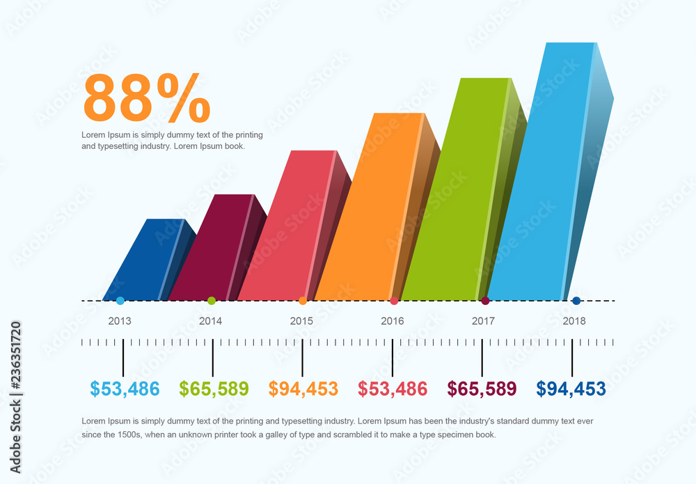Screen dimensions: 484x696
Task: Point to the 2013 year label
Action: coord(120,321)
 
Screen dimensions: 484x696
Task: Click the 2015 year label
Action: coord(301,321)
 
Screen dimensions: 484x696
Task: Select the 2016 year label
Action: coord(393,321)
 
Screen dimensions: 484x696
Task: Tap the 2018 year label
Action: coord(574,321)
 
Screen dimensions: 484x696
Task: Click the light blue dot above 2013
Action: coord(120,301)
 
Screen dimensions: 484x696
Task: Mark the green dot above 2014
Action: coord(212,301)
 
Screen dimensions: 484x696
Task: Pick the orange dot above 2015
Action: coord(303,301)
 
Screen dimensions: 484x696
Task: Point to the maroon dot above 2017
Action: coord(485,301)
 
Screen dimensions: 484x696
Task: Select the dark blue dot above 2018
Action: coord(576,301)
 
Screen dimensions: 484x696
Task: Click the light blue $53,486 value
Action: coord(125,389)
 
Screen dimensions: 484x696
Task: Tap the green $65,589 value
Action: coord(214,389)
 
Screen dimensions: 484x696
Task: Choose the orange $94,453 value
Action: coord(303,389)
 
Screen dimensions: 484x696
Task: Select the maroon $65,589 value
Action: coord(482,389)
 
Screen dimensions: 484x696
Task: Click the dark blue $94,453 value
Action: coord(571,389)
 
